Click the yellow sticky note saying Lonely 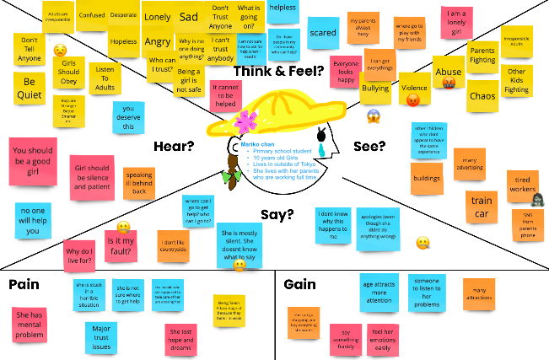click(x=157, y=17)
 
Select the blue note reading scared click(x=323, y=33)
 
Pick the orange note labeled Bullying click(x=375, y=87)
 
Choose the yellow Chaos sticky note click(x=482, y=96)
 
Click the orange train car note click(x=482, y=207)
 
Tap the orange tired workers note click(x=522, y=185)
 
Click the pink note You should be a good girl click(x=33, y=161)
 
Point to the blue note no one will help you click(x=33, y=221)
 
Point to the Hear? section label click(x=174, y=146)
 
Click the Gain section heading click(x=299, y=284)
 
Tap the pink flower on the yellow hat click(x=247, y=120)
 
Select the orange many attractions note click(x=478, y=292)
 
